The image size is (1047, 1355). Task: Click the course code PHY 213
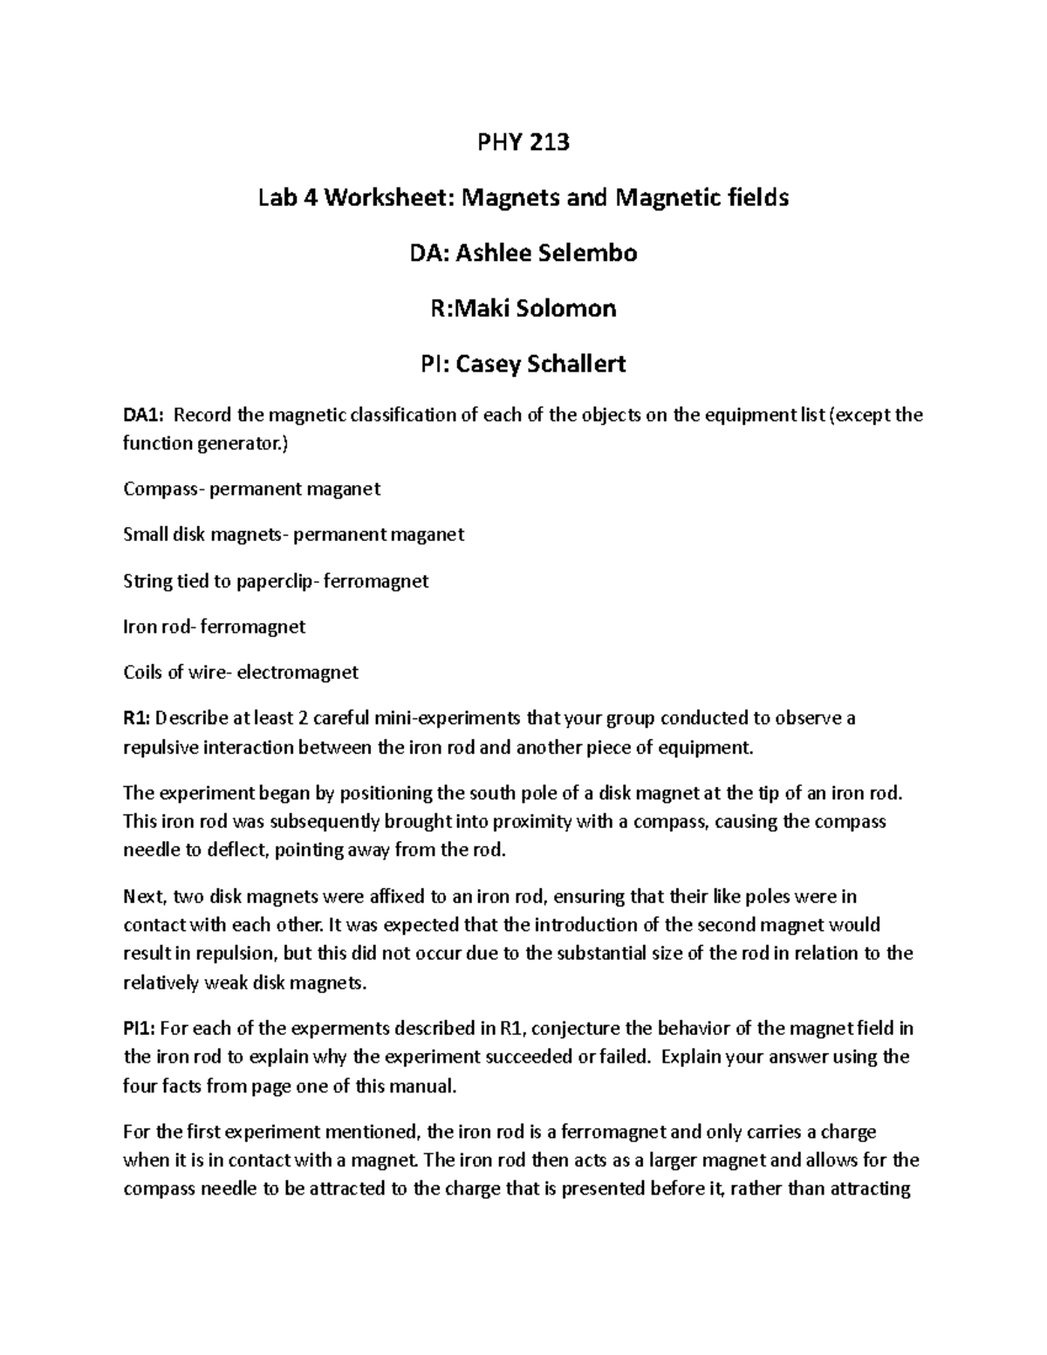[523, 141]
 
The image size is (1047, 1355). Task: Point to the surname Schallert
[576, 364]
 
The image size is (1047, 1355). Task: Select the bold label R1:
[137, 719]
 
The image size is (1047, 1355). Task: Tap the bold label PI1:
[140, 1029]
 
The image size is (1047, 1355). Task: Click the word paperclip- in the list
[277, 581]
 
